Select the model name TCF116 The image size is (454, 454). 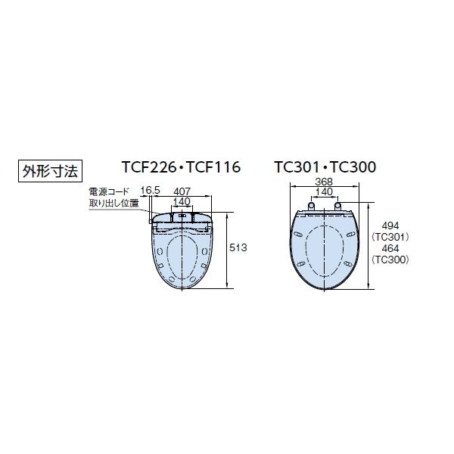pyautogui.click(x=213, y=167)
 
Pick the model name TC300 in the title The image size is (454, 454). pyautogui.click(x=351, y=167)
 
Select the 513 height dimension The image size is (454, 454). pyautogui.click(x=238, y=248)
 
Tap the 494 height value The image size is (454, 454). pyautogui.click(x=390, y=225)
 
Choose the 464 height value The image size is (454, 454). pyautogui.click(x=390, y=248)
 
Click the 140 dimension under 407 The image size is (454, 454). pyautogui.click(x=182, y=201)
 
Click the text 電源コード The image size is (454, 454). pyautogui.click(x=108, y=193)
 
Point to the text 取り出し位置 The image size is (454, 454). pyautogui.click(x=113, y=204)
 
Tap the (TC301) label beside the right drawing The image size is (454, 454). pyautogui.click(x=390, y=237)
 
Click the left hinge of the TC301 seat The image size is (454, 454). pyautogui.click(x=310, y=207)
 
